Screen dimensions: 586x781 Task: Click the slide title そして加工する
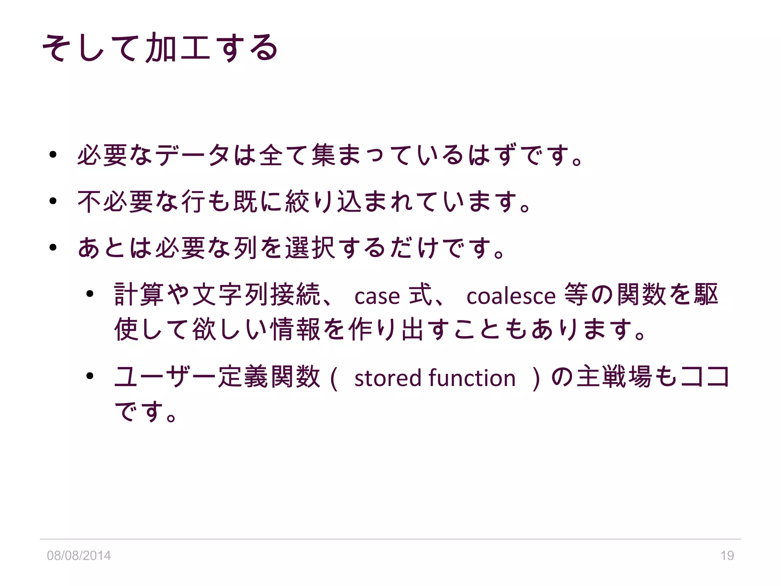click(160, 48)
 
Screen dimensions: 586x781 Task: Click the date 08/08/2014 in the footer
click(79, 555)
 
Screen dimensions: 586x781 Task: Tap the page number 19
click(727, 555)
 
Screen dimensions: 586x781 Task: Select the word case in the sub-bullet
click(377, 296)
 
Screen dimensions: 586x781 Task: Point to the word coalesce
click(511, 296)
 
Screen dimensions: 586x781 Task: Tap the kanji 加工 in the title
click(178, 48)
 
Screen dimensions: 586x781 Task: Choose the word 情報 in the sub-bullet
click(295, 329)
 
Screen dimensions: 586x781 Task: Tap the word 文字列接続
click(256, 295)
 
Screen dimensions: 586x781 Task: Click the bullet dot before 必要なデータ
click(53, 155)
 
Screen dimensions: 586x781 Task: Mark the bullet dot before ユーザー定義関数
click(90, 376)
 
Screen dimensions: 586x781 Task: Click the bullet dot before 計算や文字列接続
click(90, 294)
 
